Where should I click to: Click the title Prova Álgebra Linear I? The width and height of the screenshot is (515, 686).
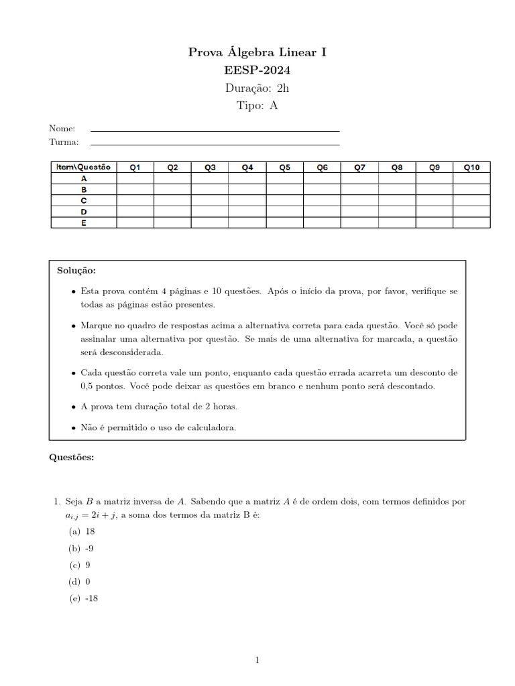pos(257,52)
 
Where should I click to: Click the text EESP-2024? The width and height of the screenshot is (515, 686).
pos(257,70)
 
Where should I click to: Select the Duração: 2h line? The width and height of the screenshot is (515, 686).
pos(257,88)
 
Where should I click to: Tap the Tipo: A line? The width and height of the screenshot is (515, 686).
pos(257,105)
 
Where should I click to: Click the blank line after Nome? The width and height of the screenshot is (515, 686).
pos(215,129)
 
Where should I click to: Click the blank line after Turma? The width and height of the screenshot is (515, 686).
pos(215,143)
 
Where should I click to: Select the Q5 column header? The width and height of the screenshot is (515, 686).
pos(285,167)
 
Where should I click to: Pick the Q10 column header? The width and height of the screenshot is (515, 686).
pos(471,167)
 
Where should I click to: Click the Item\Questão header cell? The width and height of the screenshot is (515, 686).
pos(84,167)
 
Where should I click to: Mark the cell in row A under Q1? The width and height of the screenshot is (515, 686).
pos(135,179)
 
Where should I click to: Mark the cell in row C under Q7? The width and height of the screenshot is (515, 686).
pos(359,200)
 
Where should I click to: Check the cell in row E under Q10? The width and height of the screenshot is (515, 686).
pos(471,222)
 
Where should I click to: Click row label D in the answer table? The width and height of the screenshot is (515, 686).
pos(84,212)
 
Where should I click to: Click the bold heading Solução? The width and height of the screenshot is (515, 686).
pos(76,271)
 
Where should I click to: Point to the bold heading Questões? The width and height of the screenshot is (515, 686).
pos(72,458)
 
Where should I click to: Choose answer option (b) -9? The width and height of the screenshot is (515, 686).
pos(84,548)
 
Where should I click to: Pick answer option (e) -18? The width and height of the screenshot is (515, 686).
pos(84,598)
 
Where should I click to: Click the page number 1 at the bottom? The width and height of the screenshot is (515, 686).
pos(257,661)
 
